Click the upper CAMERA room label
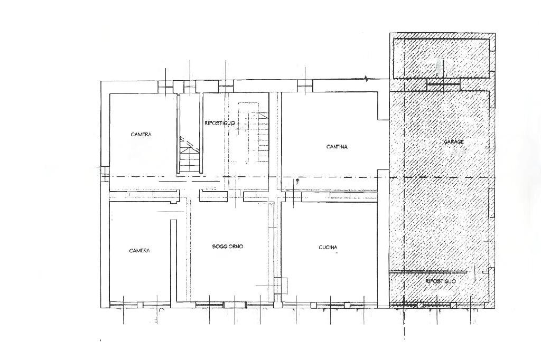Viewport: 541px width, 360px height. point(141,135)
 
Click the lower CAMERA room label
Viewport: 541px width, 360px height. point(139,251)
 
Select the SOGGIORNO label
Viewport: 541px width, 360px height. point(228,247)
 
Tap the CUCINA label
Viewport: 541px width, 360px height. point(328,247)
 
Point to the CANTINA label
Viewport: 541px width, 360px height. point(337,147)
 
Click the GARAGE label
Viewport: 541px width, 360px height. point(454,141)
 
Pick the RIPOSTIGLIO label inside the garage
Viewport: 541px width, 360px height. point(441,281)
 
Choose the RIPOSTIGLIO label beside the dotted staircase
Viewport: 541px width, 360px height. point(220,123)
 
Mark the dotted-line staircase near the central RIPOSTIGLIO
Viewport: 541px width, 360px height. point(254,133)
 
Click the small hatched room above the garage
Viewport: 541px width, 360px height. point(443,59)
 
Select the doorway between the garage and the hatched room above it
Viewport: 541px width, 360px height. point(444,83)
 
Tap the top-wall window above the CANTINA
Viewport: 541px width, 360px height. point(305,86)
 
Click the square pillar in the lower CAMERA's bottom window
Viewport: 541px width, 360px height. point(139,305)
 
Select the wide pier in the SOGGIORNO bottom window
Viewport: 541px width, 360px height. point(235,305)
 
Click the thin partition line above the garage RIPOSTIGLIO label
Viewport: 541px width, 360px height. point(428,272)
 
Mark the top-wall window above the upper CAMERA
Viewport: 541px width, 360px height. point(165,86)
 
